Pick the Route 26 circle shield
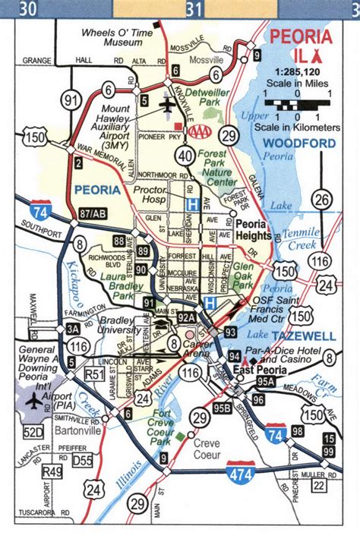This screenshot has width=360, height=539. pos(324,200)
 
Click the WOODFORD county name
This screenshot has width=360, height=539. pos(299,143)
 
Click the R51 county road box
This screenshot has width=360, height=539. pos(93,374)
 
